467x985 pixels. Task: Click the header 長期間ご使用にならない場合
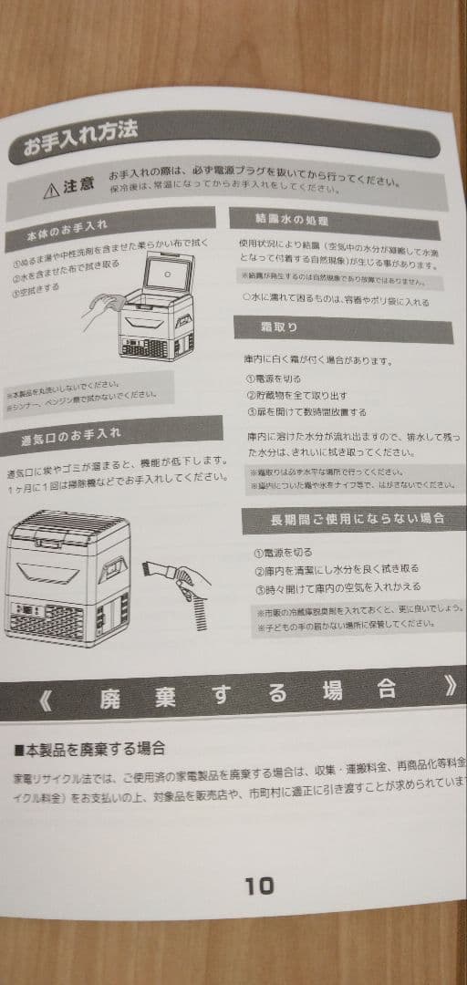point(358,518)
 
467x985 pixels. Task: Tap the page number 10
point(259,885)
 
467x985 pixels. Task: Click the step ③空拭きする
point(36,290)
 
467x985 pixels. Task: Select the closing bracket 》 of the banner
point(451,687)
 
